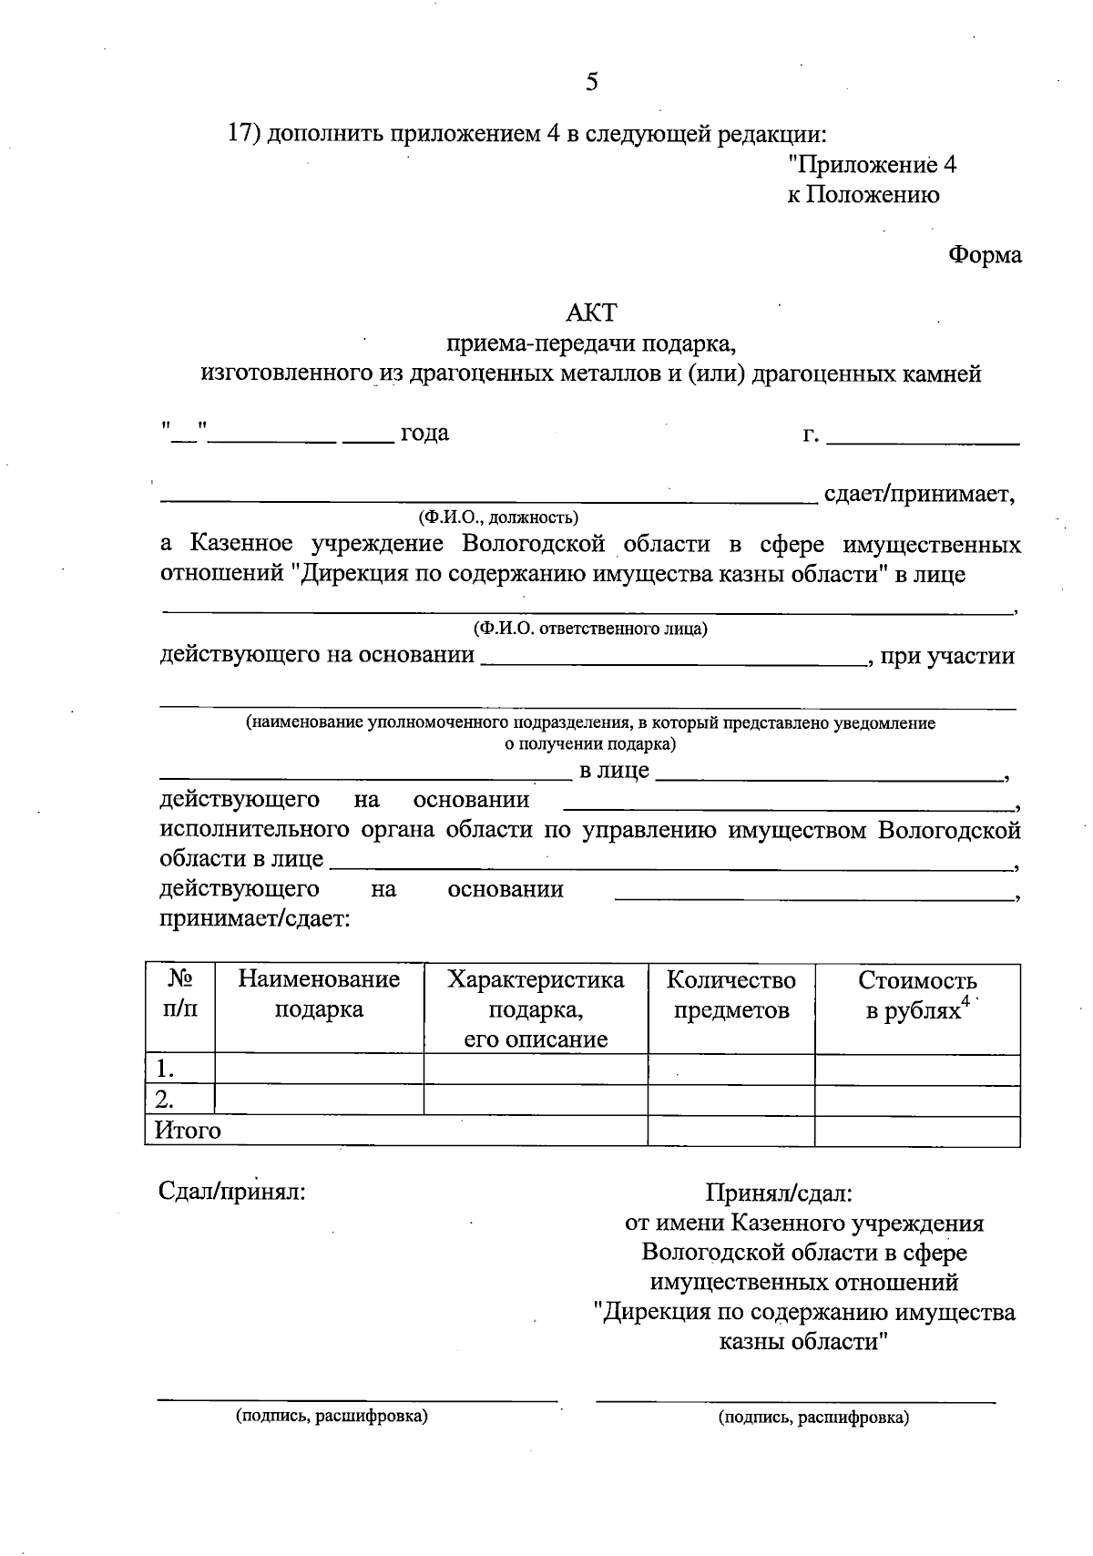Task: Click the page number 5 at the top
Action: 592,83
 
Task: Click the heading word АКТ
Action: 591,313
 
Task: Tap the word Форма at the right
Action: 985,255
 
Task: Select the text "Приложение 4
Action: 872,166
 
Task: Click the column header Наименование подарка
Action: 319,995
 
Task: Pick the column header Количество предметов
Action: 730,995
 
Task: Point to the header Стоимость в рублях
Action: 916,995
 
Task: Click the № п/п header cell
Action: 180,995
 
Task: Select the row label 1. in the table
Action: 166,1070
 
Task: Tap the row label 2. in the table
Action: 166,1099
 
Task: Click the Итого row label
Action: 188,1131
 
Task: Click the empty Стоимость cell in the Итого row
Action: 916,1131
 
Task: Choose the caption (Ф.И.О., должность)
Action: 498,518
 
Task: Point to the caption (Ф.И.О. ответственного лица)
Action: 589,629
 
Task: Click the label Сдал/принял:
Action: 232,1192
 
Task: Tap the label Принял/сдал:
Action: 779,1192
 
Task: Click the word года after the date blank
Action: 425,433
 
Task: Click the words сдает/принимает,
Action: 919,495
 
